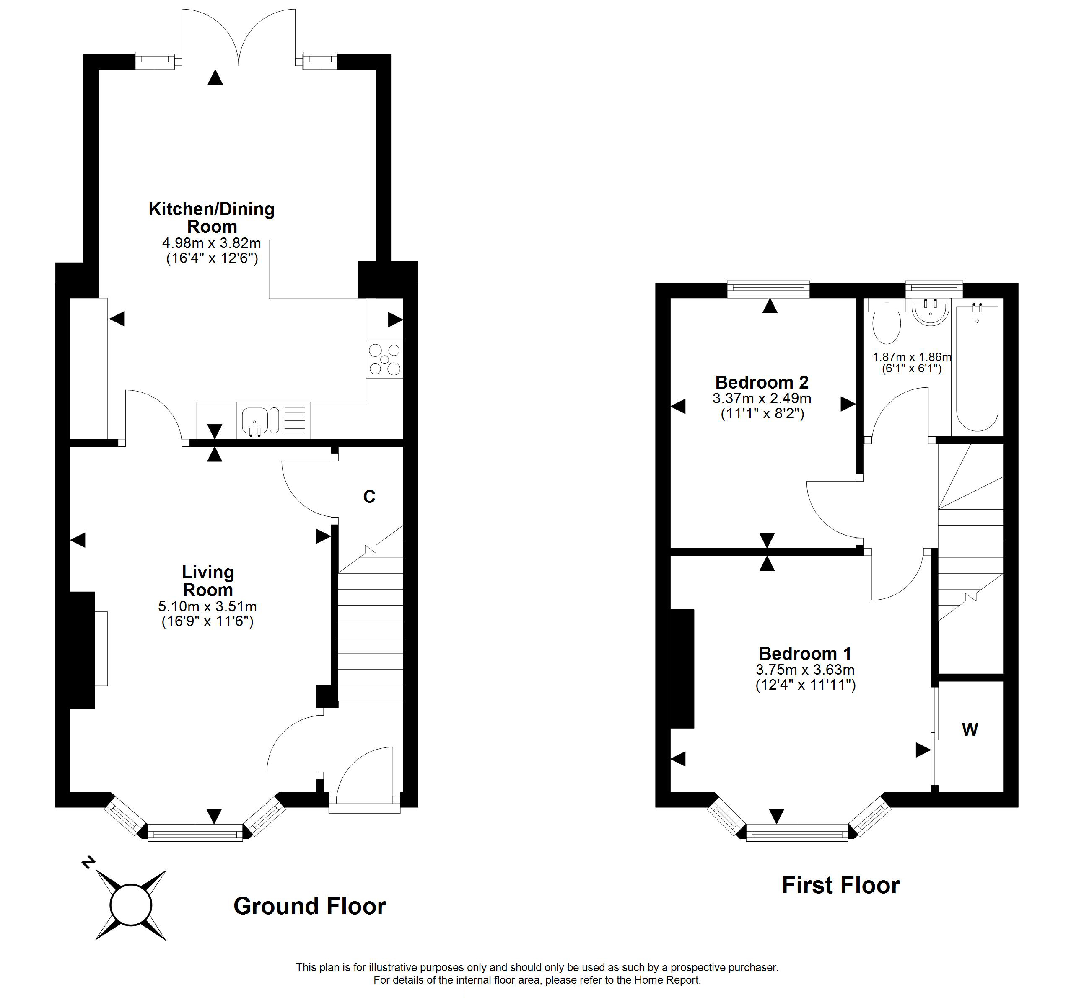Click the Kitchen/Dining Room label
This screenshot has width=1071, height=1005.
212,217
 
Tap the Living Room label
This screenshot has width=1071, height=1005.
208,581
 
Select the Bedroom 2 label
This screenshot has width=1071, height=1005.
762,382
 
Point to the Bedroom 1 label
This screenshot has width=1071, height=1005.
805,654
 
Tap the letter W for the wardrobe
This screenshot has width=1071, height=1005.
970,729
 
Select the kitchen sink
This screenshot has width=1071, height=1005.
255,420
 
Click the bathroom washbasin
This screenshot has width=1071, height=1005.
931,313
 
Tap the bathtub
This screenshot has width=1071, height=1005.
977,369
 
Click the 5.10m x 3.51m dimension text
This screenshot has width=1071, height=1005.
207,606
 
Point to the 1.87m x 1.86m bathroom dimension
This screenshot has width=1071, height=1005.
912,357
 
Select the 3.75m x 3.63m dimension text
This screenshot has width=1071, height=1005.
805,670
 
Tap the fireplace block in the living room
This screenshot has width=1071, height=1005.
83,650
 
